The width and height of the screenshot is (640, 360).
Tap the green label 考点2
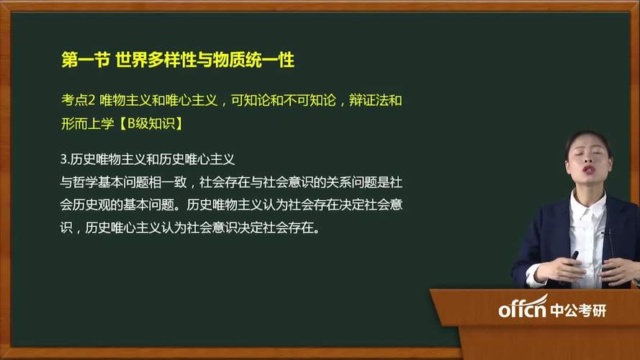(x=78, y=100)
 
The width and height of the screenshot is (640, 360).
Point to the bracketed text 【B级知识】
(x=150, y=123)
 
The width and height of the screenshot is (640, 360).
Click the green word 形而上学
(x=87, y=123)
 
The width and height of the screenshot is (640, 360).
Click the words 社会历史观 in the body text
(x=94, y=204)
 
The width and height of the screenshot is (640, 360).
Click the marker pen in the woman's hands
(x=574, y=256)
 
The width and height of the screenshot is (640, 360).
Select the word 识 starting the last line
(x=66, y=228)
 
